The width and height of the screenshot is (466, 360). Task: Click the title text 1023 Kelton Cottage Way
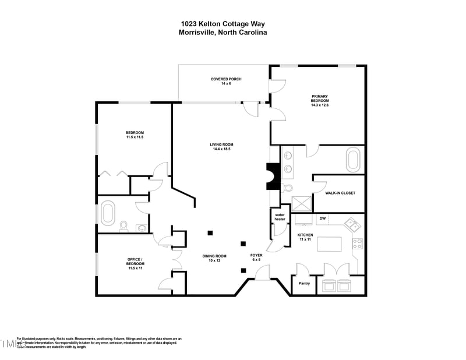tap(223, 24)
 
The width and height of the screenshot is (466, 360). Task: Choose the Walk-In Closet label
tap(340, 193)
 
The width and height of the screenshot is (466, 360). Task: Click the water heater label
tap(280, 217)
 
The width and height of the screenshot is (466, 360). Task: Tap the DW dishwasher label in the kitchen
tap(322, 218)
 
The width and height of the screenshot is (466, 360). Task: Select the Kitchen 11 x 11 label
tap(306, 237)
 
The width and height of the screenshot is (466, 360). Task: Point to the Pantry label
tap(304, 283)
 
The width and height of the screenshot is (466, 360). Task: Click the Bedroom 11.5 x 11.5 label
tap(135, 134)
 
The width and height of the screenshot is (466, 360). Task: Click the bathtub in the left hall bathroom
tap(108, 213)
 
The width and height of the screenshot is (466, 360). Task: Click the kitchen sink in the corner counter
tap(351, 223)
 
